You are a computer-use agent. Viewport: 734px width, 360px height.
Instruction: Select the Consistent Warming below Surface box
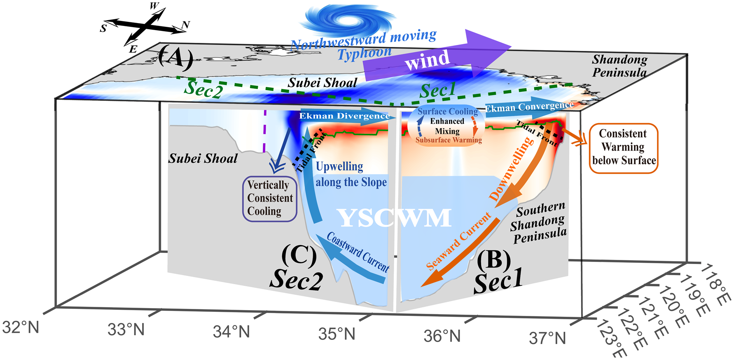click(x=624, y=148)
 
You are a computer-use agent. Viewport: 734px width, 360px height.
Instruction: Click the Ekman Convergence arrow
click(x=529, y=107)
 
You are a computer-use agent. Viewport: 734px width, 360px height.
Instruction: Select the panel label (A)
click(x=175, y=57)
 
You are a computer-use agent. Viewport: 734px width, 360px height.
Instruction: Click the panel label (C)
click(x=299, y=255)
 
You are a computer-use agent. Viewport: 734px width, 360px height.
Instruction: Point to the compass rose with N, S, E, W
click(x=145, y=27)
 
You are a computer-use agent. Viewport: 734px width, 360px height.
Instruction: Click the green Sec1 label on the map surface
click(x=437, y=90)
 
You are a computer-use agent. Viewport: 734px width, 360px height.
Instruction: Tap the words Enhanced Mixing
click(x=447, y=126)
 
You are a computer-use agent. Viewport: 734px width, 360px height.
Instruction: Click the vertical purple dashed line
click(x=264, y=131)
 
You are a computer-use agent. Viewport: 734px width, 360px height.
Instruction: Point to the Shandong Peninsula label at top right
click(x=619, y=66)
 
